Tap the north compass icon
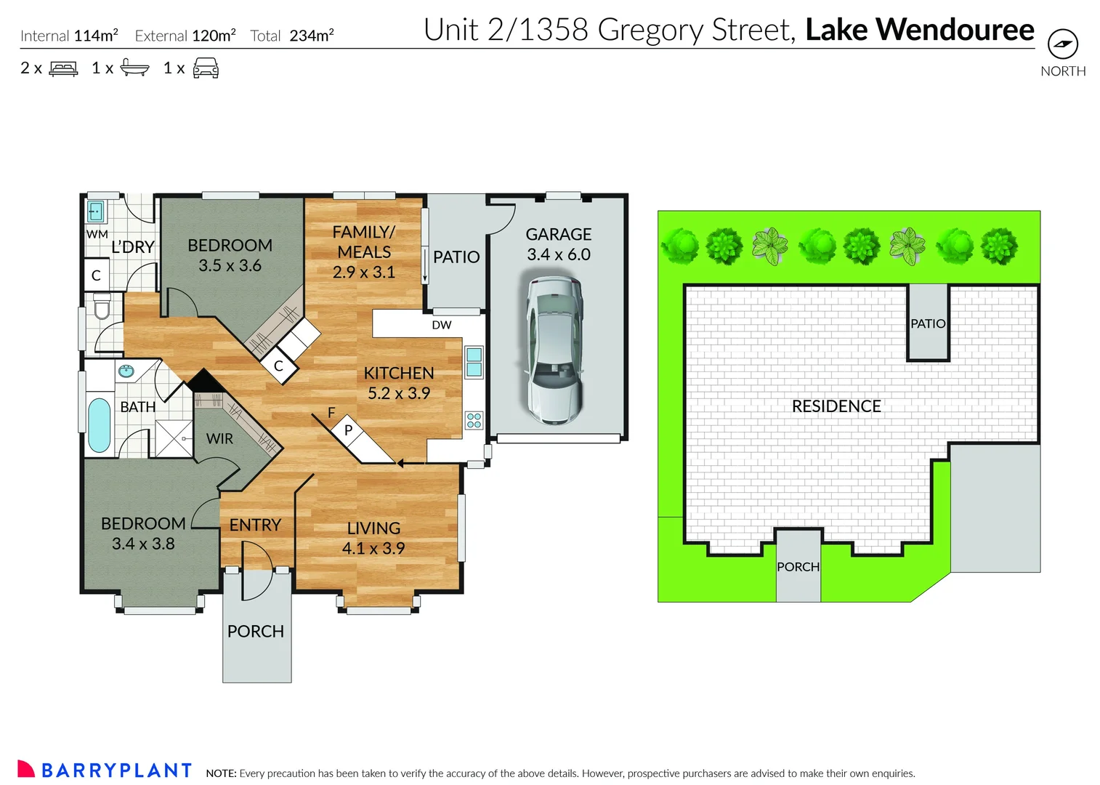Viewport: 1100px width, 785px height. coord(1063,44)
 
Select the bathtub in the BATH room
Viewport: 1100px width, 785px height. coord(99,424)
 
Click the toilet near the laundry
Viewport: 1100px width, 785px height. coord(101,307)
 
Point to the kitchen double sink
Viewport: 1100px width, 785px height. coord(474,362)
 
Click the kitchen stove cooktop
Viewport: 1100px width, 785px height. coord(474,420)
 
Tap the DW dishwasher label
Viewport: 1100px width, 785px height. coord(441,325)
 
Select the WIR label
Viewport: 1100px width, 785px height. coord(219,439)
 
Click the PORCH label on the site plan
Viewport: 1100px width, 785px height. coord(798,567)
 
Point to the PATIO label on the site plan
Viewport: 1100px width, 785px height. coord(928,323)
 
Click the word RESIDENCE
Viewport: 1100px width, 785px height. coord(836,406)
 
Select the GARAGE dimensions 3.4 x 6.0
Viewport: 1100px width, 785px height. coord(558,255)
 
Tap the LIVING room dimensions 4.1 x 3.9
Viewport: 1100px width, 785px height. coord(373,549)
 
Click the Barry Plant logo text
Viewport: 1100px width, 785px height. coord(116,770)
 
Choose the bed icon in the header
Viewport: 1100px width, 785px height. coord(63,69)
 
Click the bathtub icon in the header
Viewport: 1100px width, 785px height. coord(134,68)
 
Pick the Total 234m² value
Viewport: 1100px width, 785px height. coord(311,36)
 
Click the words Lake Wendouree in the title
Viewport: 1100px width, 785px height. coord(919,31)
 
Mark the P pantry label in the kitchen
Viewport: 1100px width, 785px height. coord(348,430)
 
